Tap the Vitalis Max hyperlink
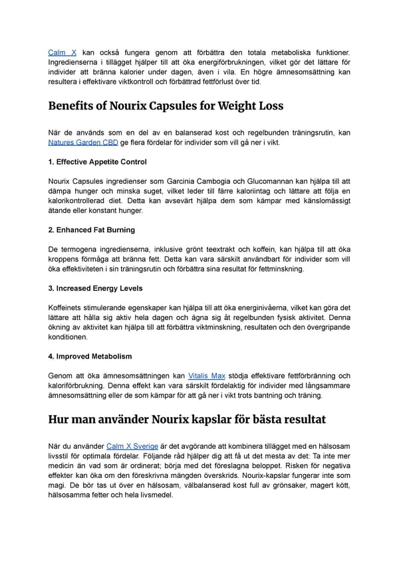coord(207,375)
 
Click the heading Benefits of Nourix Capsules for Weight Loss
coord(166,106)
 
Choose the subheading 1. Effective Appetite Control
coord(98,162)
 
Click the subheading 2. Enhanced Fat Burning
coord(92,230)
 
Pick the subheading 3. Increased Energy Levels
coord(95,288)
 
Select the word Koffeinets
coord(70,307)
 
